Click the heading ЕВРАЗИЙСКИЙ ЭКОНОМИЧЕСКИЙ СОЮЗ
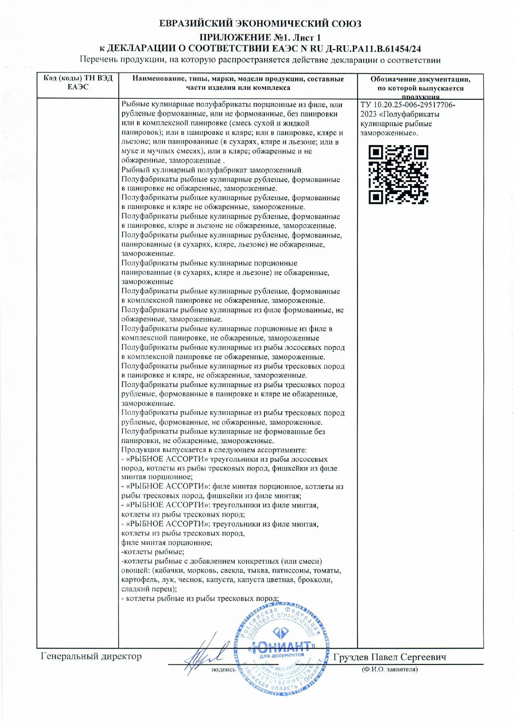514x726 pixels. pos(260,24)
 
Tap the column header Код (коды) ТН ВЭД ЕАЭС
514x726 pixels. pos(78,83)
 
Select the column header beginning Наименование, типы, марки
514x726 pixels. pos(238,83)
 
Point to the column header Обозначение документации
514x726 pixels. pos(420,79)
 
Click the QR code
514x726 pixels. pos(399,175)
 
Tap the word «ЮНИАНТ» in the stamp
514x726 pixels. pos(283,646)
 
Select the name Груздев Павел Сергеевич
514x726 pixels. pos(389,657)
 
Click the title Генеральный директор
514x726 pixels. pos(91,657)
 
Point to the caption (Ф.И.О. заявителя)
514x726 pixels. pos(389,669)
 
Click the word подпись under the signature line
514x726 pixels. pos(223,669)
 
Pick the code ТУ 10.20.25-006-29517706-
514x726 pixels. pos(407,105)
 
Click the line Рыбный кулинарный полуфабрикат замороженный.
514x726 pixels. pos(212,170)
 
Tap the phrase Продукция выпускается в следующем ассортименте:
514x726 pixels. pos(214,450)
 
